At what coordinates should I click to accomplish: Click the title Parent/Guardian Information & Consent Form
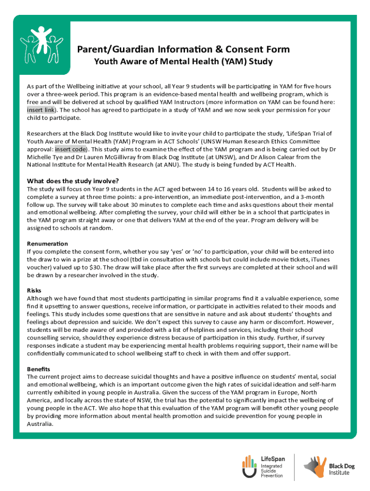(x=180, y=49)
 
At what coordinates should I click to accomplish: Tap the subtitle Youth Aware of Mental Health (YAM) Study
(x=183, y=62)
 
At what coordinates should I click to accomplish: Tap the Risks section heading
(x=34, y=290)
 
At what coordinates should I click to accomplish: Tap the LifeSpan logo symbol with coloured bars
(x=249, y=467)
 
